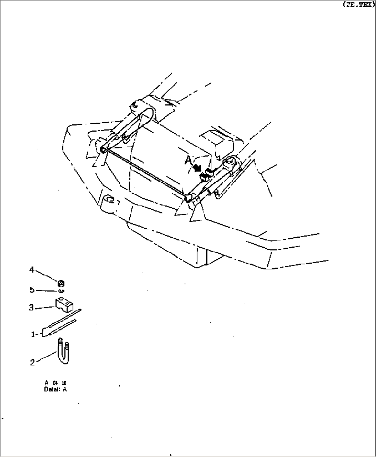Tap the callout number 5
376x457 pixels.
[x=32, y=290]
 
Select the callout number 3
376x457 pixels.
[x=31, y=307]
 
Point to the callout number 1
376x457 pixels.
[x=33, y=334]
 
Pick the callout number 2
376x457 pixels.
[x=32, y=362]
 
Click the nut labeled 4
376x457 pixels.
[x=61, y=284]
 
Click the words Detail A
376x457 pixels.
[x=55, y=390]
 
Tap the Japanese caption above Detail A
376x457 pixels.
[x=55, y=383]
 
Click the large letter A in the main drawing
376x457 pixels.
[x=188, y=161]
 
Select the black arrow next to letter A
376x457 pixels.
[x=198, y=168]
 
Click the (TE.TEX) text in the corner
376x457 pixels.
[x=358, y=4]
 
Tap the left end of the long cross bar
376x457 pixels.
[x=103, y=150]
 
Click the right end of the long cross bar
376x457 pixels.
[x=188, y=198]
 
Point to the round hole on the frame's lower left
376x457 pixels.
[x=109, y=199]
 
